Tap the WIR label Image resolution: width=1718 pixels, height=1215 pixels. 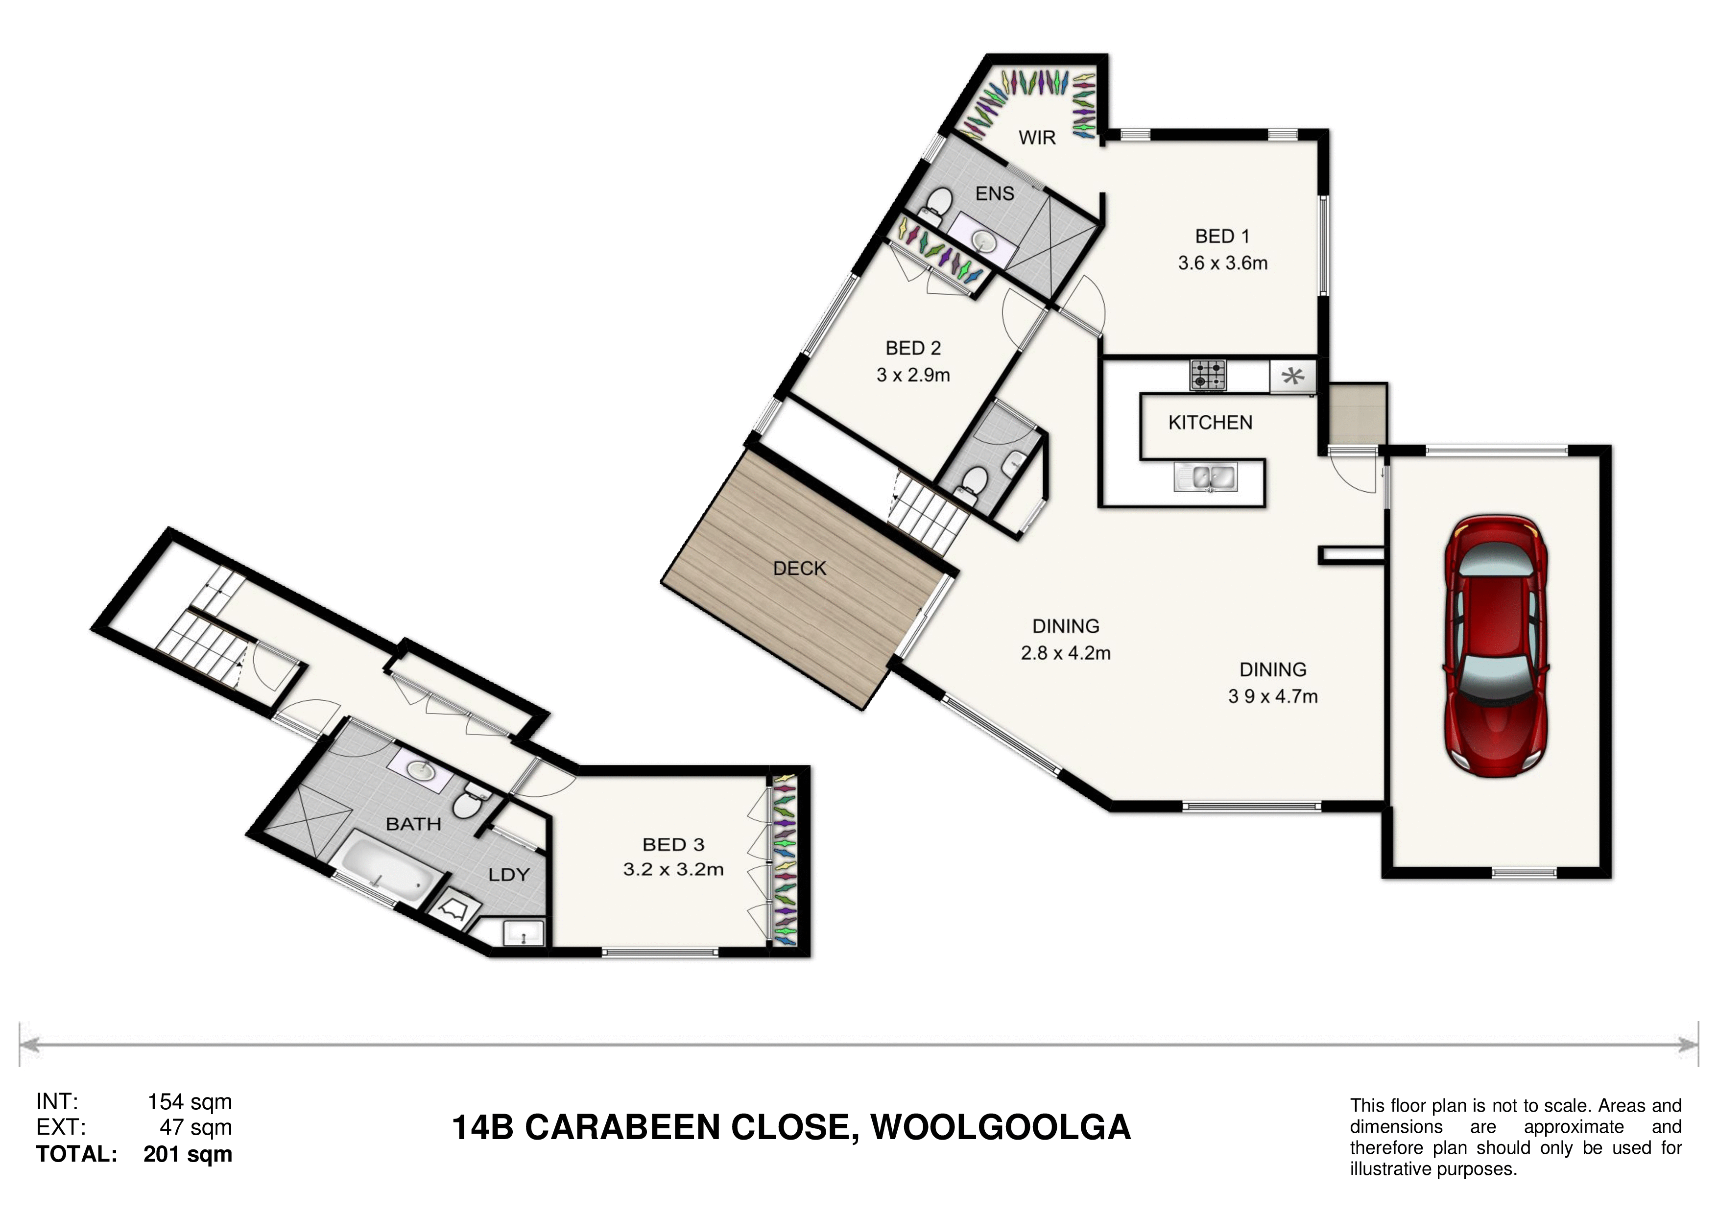pos(1037,138)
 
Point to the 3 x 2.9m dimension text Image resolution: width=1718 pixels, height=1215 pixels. pos(913,375)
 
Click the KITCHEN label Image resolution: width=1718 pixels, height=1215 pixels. pos(1210,423)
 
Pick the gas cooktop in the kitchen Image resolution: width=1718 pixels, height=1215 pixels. pos(1209,375)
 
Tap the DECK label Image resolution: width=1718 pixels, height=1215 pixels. pos(799,569)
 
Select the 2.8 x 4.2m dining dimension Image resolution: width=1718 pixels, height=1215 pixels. pos(1066,653)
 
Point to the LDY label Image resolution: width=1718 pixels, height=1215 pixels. pos(509,875)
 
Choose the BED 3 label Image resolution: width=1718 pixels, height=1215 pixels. pos(673,845)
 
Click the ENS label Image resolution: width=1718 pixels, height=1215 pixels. pos(995,194)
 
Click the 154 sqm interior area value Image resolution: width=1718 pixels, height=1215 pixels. pos(190,1102)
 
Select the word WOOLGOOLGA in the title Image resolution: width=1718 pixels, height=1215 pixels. pos(1001,1127)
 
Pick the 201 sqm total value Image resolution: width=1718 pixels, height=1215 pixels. pos(188,1154)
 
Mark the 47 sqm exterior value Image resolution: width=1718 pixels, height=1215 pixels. pos(195,1127)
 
